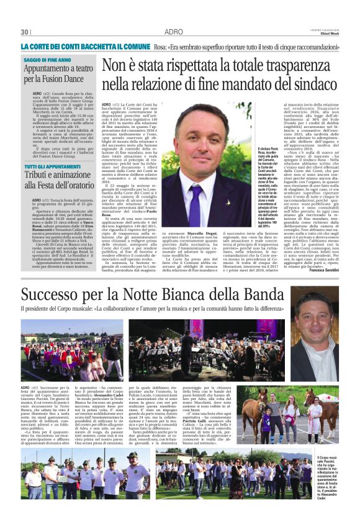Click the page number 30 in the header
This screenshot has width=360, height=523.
click(x=25, y=32)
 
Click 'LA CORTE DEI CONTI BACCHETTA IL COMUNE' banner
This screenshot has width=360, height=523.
click(x=85, y=47)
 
